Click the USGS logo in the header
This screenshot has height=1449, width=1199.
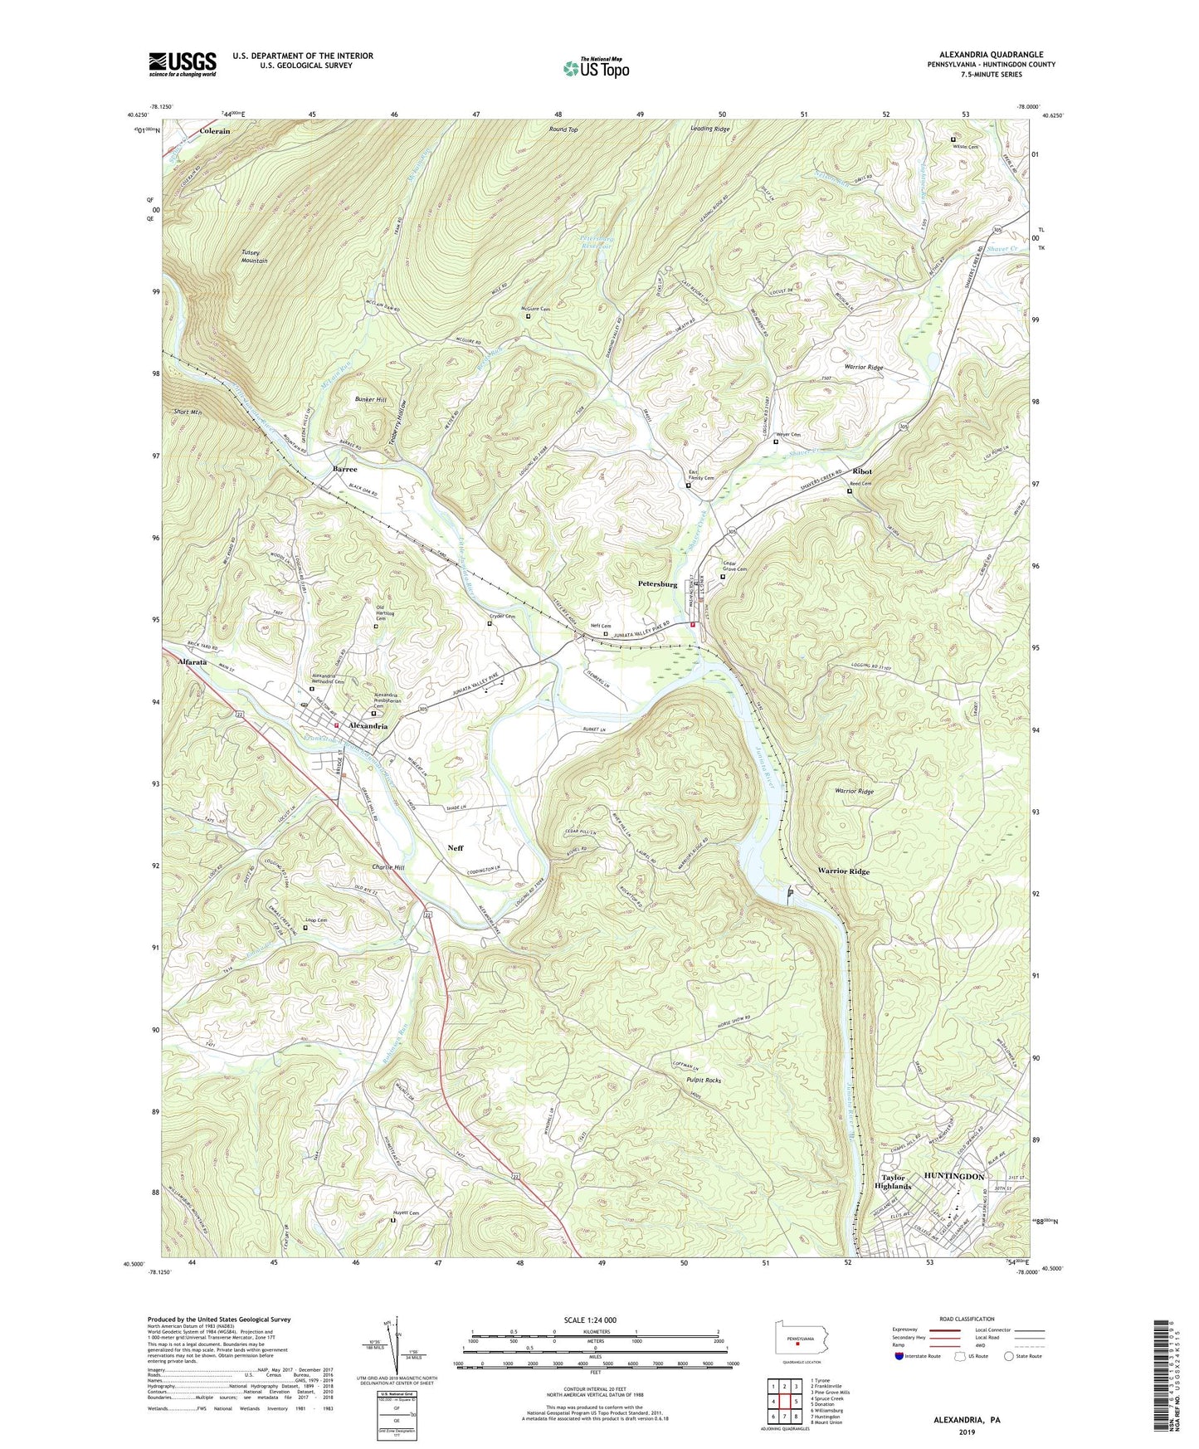183,64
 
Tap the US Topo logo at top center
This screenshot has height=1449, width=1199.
595,68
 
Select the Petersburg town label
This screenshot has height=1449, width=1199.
657,584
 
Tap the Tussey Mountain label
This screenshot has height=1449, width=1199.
255,256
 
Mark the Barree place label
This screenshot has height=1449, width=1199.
344,469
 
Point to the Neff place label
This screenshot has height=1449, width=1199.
455,847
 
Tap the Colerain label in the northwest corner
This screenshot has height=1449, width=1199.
214,131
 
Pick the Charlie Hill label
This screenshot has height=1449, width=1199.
387,867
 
